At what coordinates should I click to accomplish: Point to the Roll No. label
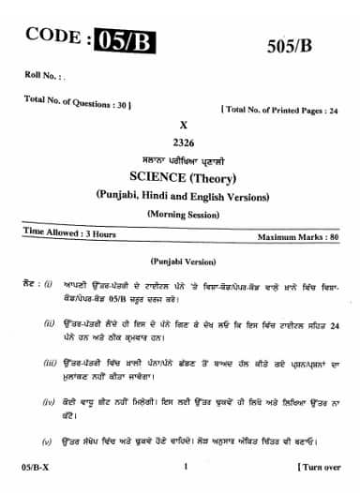click(x=39, y=74)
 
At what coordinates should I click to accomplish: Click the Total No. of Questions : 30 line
click(x=78, y=99)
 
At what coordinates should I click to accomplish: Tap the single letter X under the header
click(x=182, y=124)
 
